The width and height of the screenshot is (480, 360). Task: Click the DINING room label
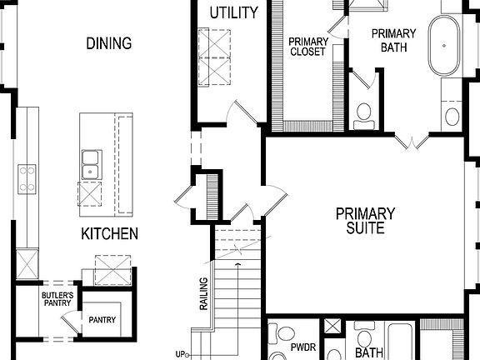pos(108,43)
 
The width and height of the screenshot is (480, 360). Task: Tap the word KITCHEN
pos(109,234)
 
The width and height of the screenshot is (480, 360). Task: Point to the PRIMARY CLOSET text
pos(308,46)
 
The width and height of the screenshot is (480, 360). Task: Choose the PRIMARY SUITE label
pos(365,220)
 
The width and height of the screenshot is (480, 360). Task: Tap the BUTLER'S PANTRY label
pos(57,299)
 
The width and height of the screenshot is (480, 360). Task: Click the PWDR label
pos(302,345)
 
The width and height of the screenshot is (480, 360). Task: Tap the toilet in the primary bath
pos(363,114)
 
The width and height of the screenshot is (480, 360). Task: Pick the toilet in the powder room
pos(283,336)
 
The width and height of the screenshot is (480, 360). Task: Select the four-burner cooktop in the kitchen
pos(27,179)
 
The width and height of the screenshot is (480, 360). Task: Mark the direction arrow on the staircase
pos(238,265)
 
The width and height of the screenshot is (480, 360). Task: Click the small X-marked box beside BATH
pos(333,326)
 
